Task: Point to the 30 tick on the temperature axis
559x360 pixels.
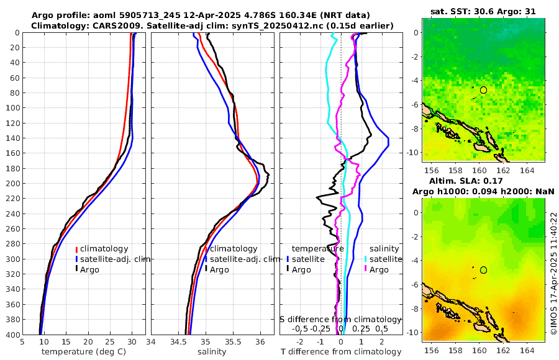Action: point(132,341)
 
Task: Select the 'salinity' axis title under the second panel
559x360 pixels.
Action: point(212,351)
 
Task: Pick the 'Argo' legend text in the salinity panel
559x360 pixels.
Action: point(219,269)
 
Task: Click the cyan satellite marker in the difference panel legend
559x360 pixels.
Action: point(366,259)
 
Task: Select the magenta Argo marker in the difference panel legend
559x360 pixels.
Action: point(366,269)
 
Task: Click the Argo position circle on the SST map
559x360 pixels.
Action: point(483,90)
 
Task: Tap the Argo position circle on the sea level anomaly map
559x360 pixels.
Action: point(483,270)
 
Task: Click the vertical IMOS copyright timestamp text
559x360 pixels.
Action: point(553,274)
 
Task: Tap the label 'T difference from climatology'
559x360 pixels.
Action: point(342,351)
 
